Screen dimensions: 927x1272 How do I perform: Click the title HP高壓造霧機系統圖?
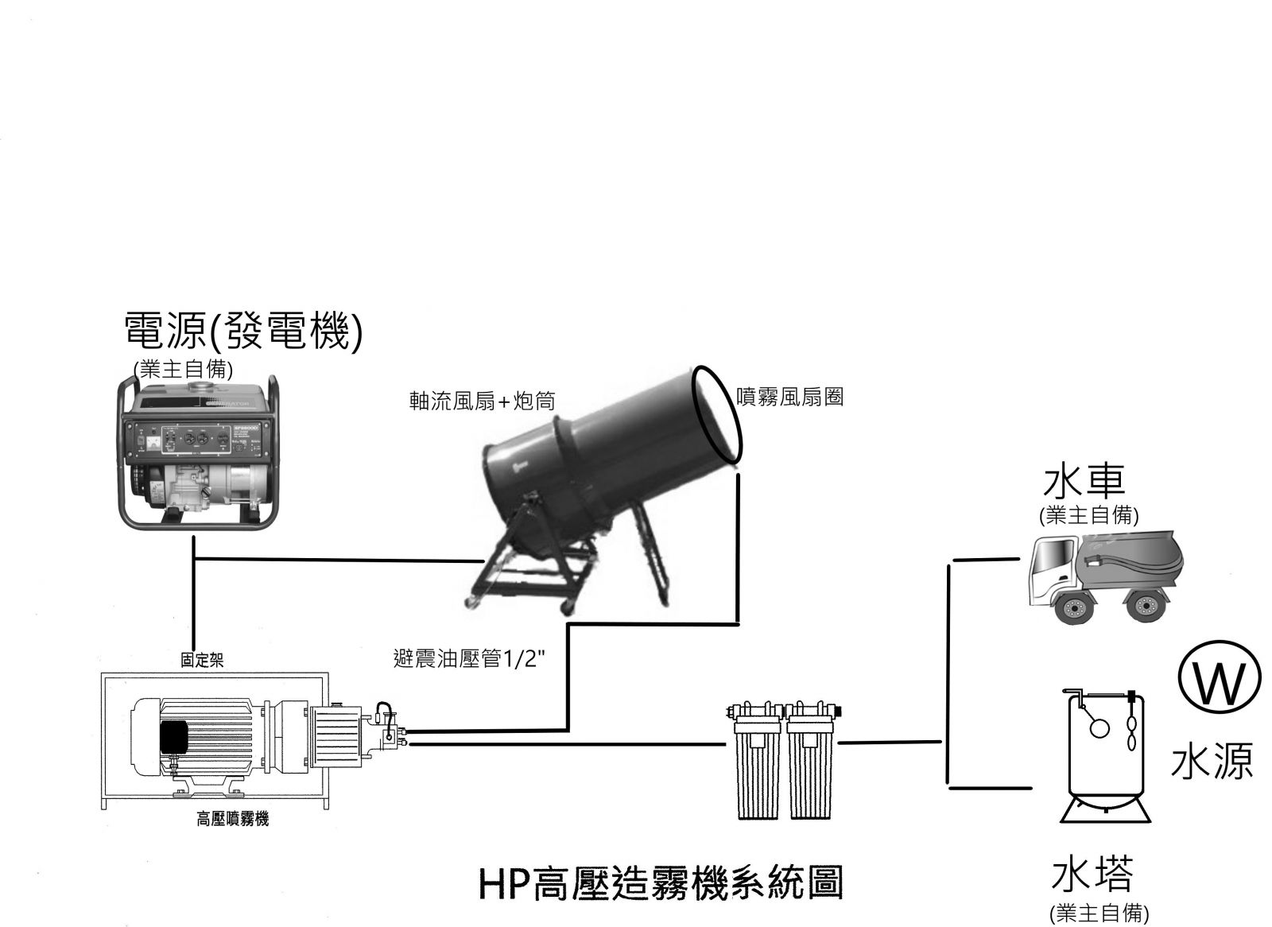pyautogui.click(x=661, y=882)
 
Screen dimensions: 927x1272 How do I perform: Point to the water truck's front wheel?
pyautogui.click(x=1074, y=609)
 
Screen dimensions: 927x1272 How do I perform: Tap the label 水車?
pyautogui.click(x=1088, y=482)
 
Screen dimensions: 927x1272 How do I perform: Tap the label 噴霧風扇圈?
pyautogui.click(x=789, y=397)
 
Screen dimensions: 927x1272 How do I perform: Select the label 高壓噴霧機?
pyautogui.click(x=232, y=819)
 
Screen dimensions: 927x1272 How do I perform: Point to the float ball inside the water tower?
pyautogui.click(x=1099, y=727)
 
